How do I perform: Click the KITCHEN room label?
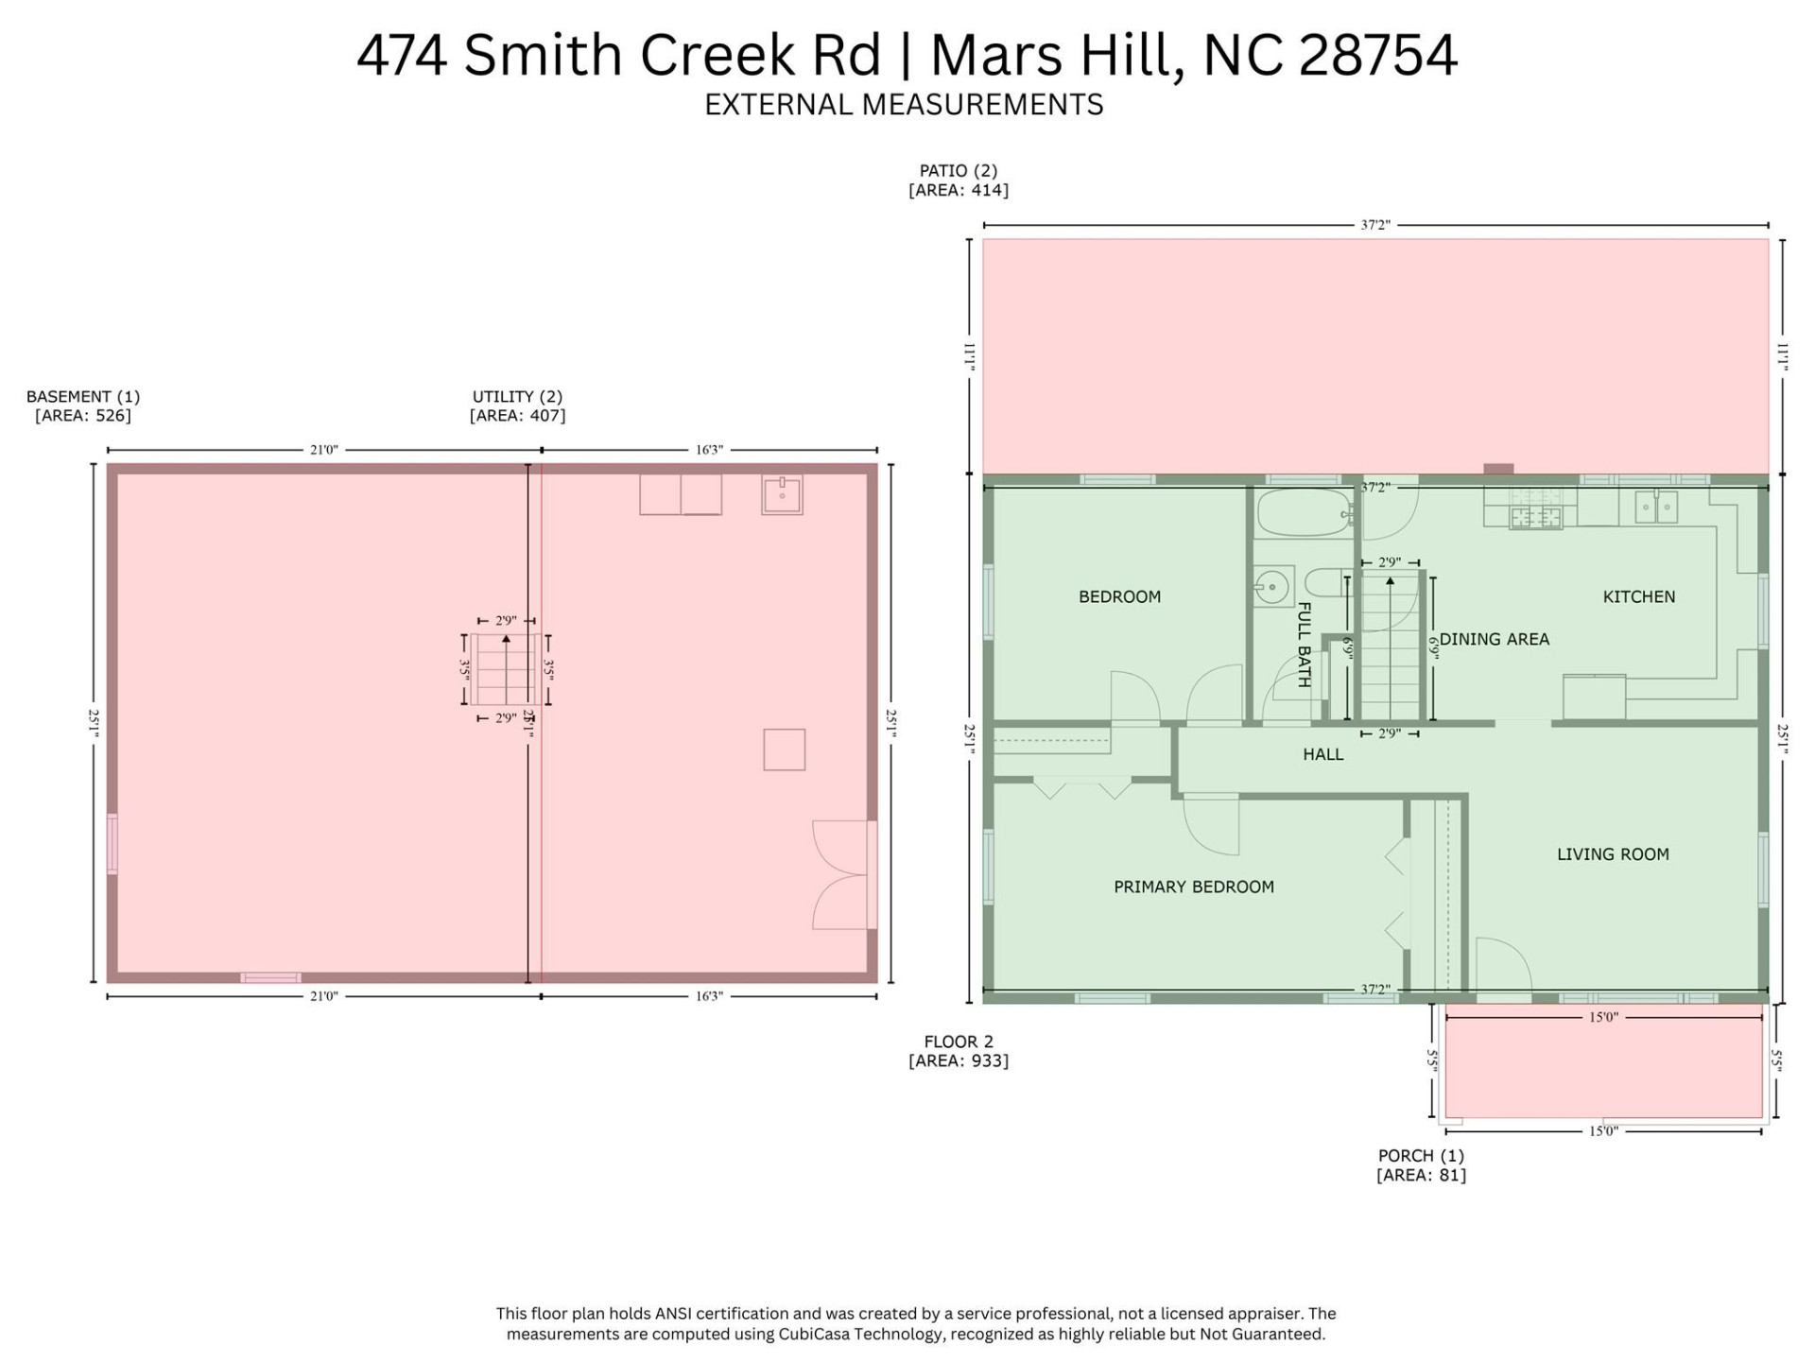pos(1638,596)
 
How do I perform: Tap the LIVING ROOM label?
pos(1612,854)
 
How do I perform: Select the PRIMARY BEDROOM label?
pos(1193,887)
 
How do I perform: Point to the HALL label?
pos(1322,754)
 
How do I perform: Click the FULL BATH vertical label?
pos(1304,645)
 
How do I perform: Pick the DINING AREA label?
pos(1494,639)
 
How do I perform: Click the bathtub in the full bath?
pos(1303,513)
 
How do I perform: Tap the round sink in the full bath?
pos(1272,587)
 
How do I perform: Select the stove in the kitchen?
pos(1535,516)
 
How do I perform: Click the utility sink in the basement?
pos(782,494)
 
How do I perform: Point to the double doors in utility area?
pos(841,875)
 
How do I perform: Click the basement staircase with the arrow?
pos(506,669)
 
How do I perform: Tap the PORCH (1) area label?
pos(1421,1164)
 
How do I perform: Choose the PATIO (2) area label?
pos(958,180)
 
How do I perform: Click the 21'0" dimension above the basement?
pos(323,450)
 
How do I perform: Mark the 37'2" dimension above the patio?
pos(1374,225)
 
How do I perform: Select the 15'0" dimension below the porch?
pos(1603,1131)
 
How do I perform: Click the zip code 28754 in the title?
pos(1377,55)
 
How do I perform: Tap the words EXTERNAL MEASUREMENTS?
pos(904,104)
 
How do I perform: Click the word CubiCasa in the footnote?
pos(811,1334)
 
